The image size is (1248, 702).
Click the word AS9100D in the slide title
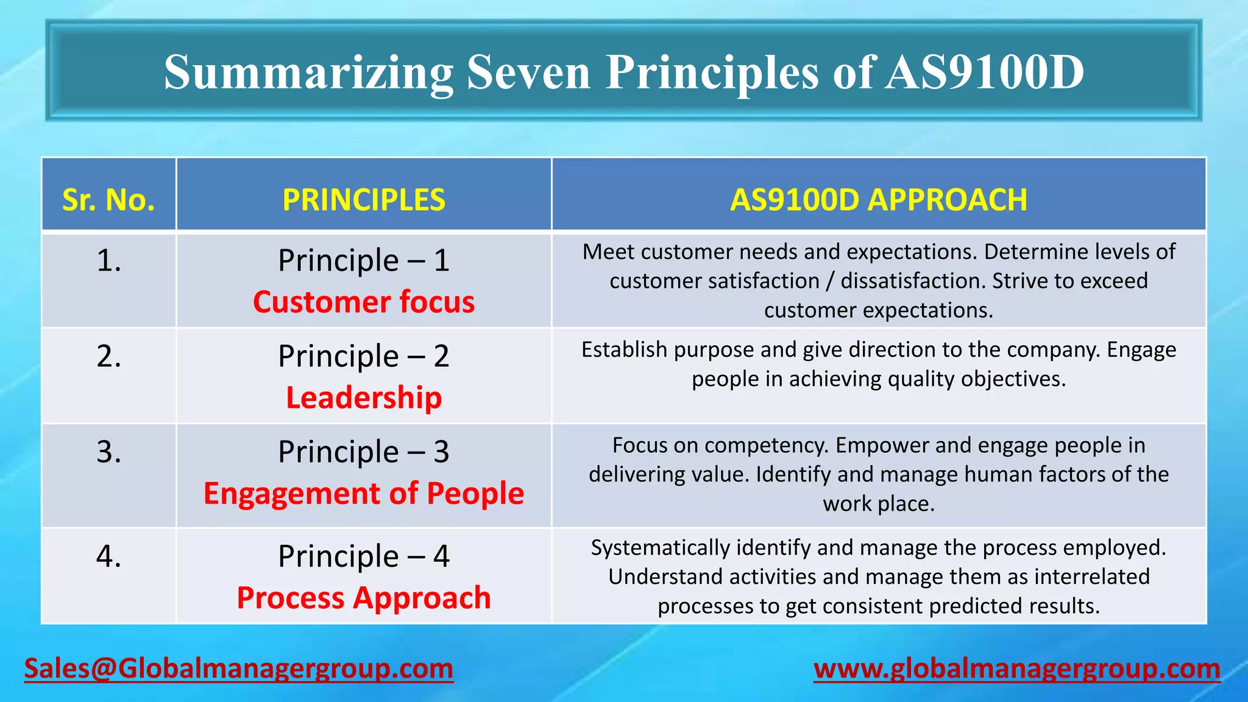[984, 72]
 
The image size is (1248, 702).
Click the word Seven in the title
[528, 72]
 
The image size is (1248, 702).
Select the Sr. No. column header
[108, 200]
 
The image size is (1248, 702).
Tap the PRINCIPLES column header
[364, 200]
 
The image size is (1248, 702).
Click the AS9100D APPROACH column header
[878, 200]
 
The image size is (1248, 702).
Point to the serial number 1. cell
[109, 261]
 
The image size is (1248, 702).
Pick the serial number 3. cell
[109, 452]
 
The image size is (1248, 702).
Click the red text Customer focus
[364, 302]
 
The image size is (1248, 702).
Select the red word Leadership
[364, 398]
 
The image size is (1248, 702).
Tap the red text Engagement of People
[364, 494]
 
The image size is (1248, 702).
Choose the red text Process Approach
[364, 598]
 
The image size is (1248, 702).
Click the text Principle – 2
[364, 356]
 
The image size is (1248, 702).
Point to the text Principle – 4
[364, 556]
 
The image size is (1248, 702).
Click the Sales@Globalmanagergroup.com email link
[238, 669]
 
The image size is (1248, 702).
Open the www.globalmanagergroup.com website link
[1016, 669]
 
